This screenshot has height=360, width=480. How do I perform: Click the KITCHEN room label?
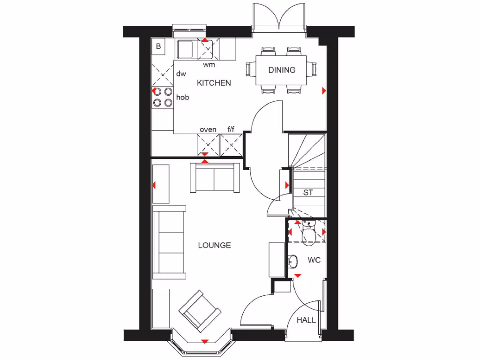point(214,83)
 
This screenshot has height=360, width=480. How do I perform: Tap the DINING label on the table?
point(282,70)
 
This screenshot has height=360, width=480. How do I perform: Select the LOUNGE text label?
point(214,245)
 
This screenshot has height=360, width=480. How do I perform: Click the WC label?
point(314,260)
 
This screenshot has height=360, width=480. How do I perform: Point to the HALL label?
point(307,320)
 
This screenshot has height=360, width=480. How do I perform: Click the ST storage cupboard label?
point(308,192)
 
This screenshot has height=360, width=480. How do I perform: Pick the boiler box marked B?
point(158,46)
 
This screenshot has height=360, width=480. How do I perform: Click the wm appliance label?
point(209,65)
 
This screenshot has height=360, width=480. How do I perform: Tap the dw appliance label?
point(181,74)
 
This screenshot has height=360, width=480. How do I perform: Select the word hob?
point(182,97)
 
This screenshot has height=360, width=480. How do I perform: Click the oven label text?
point(208,129)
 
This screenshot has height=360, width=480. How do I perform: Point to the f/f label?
point(231,129)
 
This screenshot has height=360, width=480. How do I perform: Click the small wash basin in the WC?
point(292,260)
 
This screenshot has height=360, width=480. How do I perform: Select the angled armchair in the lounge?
point(200,309)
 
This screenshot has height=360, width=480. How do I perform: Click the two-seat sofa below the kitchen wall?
point(214,178)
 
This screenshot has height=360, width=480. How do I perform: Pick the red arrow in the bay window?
point(204,341)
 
